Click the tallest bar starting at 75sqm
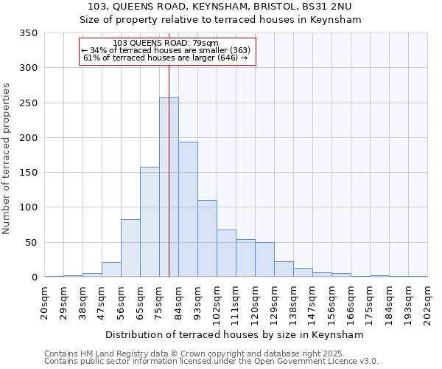[169, 187]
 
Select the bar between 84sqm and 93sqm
[188, 210]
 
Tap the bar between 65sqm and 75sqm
[150, 222]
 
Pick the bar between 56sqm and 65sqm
[130, 248]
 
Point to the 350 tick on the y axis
[28, 33]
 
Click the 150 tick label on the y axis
[28, 173]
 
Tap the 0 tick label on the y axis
[34, 277]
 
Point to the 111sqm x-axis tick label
[236, 302]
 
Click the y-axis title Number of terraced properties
[7, 159]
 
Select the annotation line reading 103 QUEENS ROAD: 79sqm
[166, 44]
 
